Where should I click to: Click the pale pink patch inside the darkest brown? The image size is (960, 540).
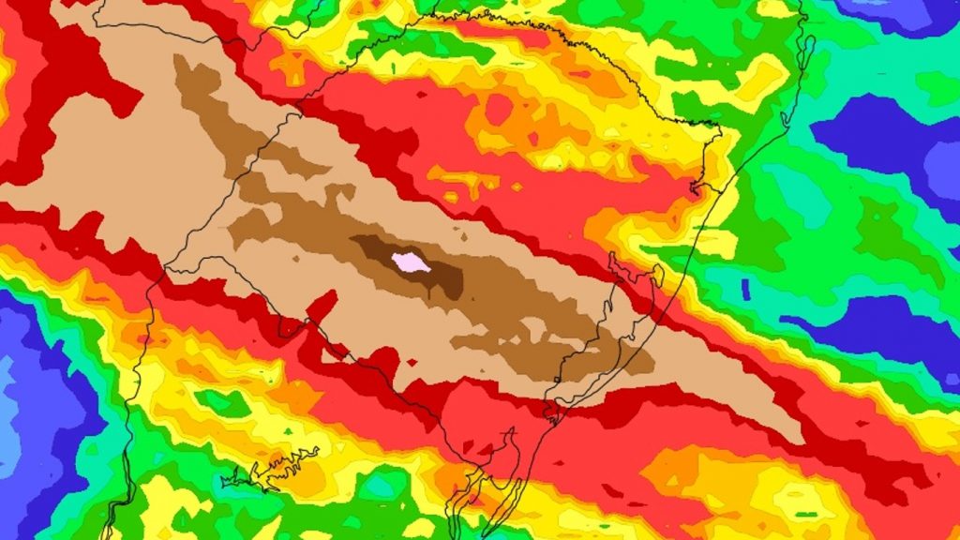point(411,263)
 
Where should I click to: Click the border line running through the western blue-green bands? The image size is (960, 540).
point(131,412)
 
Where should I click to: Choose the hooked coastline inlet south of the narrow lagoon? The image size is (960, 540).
point(698,187)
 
